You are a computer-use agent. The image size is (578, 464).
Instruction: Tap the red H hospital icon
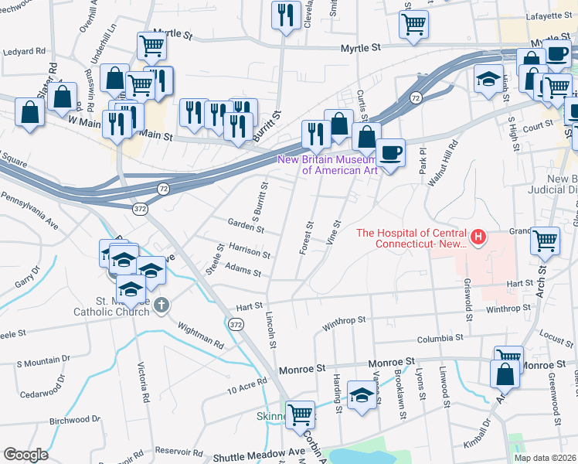[478, 234]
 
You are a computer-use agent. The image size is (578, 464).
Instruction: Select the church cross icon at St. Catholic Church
[160, 305]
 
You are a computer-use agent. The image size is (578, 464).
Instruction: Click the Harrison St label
[249, 251]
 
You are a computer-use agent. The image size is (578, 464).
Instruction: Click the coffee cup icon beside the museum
[391, 152]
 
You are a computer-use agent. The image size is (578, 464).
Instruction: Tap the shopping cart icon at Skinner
[299, 413]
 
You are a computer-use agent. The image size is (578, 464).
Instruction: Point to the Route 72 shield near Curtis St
[416, 98]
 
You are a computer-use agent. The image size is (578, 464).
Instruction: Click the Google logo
[25, 455]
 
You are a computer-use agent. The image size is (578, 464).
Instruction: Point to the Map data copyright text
[545, 458]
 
